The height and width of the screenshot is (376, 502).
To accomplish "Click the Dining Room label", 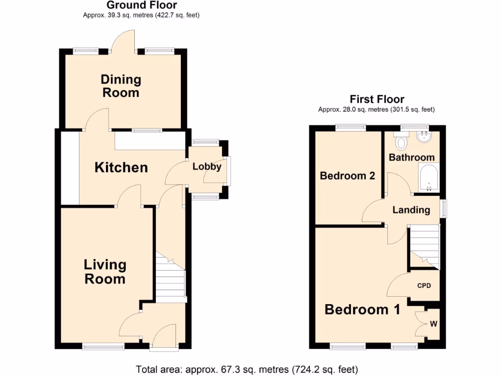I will (x=121, y=86).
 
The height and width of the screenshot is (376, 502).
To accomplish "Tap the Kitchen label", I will (x=121, y=167).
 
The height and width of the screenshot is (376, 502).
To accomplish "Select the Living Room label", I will (x=105, y=272).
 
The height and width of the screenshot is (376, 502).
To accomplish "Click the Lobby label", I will (x=206, y=166).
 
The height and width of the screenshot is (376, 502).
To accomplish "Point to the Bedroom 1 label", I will (x=362, y=309).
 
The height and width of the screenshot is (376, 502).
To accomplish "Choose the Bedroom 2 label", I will (x=347, y=175).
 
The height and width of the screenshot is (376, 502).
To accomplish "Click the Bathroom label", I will (x=411, y=157).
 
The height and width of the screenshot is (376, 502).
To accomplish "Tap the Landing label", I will (x=411, y=210).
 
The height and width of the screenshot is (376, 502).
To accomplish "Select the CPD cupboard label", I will (x=424, y=285).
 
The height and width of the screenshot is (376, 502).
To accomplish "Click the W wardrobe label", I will (x=433, y=324).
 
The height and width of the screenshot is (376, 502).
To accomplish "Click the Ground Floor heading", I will (x=142, y=5).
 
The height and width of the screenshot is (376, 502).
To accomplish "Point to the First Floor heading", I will (x=376, y=100).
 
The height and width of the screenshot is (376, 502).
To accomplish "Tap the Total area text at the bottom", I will (x=247, y=369).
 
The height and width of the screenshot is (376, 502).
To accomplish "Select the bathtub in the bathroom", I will (x=428, y=177).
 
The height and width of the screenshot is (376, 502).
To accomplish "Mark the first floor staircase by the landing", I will (x=424, y=245).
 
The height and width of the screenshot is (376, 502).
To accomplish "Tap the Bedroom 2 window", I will (x=351, y=128).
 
